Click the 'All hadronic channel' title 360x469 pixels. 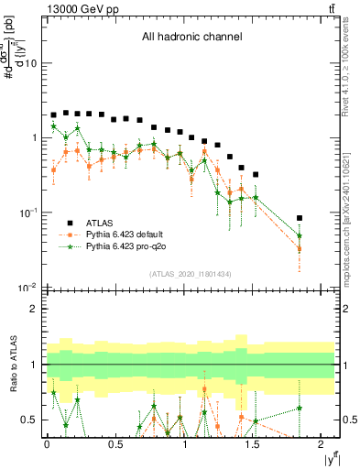pos(191,38)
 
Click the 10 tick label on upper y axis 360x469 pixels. pos(30,63)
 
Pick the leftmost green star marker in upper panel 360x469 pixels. pos(53,126)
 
